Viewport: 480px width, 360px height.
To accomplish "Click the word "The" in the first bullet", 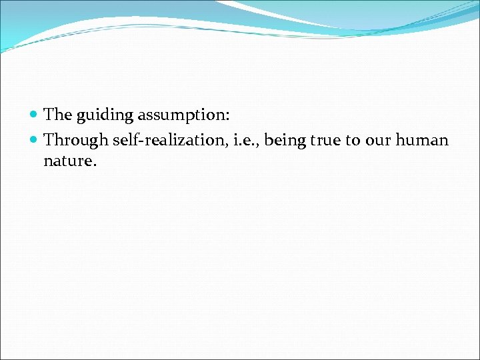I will pos(57,115).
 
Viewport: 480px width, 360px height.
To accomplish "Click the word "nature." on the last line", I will pos(70,161).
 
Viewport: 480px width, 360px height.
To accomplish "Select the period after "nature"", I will pos(95,165).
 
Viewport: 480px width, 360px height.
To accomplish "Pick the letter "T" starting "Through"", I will pos(49,141).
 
